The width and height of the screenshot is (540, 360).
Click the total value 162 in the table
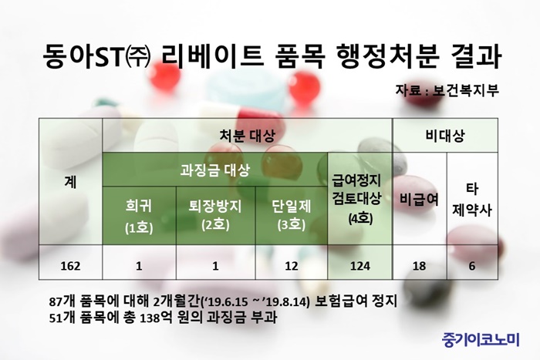click(x=70, y=266)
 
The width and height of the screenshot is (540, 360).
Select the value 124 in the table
click(x=360, y=266)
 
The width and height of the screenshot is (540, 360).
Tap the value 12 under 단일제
click(x=292, y=266)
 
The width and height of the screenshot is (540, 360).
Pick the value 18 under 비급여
click(x=419, y=266)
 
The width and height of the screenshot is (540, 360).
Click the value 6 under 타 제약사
click(x=472, y=266)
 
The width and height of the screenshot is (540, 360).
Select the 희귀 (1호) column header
click(x=139, y=216)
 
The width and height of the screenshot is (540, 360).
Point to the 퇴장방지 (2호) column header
click(x=215, y=215)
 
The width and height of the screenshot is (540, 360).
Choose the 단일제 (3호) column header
click(x=292, y=215)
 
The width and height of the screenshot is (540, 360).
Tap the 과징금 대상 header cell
click(x=214, y=170)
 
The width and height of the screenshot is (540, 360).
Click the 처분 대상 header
click(x=248, y=136)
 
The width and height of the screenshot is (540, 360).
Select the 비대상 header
click(x=445, y=136)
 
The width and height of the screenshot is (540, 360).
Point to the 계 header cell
click(x=70, y=182)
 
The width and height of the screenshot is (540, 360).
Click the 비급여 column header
click(x=419, y=199)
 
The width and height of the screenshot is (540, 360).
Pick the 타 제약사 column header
click(x=472, y=200)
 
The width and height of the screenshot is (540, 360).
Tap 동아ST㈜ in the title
click(x=97, y=56)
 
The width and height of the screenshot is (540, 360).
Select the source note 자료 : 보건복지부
click(x=447, y=90)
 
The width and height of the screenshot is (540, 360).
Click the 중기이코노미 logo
click(x=481, y=340)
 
